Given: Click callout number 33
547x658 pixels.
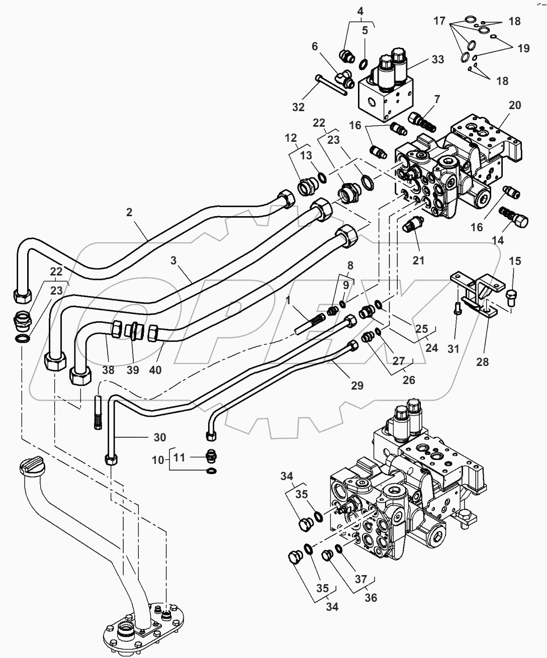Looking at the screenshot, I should point(438,59).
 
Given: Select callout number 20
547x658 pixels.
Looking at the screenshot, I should point(514,105).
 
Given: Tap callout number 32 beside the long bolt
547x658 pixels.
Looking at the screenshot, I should point(298,107).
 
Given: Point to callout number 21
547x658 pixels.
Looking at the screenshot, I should point(418,260).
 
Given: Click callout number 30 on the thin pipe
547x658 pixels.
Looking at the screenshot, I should point(159,437).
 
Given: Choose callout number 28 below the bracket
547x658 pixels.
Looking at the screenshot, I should point(482,361).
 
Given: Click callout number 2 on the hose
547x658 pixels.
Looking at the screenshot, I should point(129,212).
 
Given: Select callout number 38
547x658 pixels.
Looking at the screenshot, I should point(108,370).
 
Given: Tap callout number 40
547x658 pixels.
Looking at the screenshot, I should point(156,370).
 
